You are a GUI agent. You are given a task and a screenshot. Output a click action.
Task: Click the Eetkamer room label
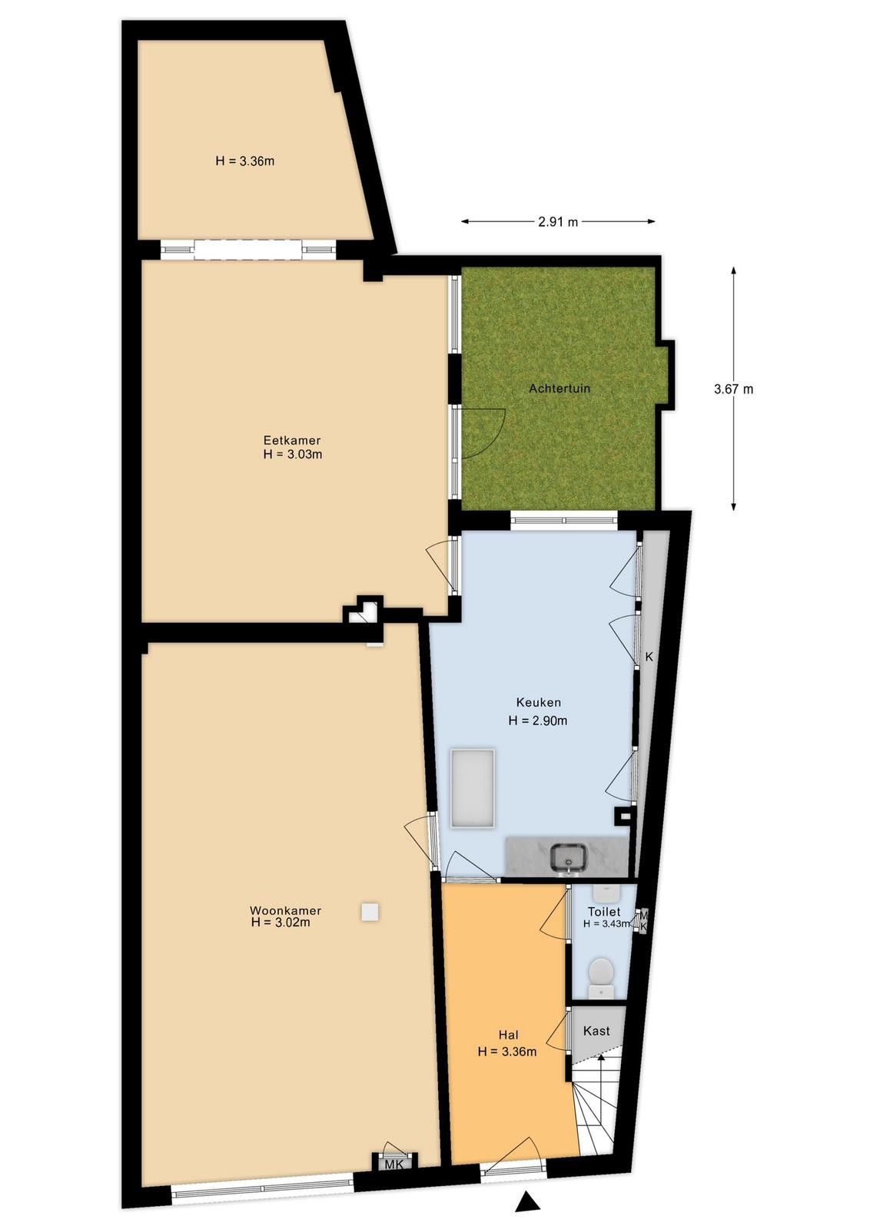click(x=292, y=440)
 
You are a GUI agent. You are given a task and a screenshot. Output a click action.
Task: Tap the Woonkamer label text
click(x=285, y=910)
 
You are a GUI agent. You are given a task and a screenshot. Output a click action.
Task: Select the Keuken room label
click(x=539, y=702)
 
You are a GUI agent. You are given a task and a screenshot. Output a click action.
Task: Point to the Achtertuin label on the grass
click(x=560, y=388)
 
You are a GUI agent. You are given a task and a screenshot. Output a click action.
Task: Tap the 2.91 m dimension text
click(x=558, y=222)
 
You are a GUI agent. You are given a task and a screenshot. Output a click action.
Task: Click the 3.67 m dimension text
click(x=733, y=389)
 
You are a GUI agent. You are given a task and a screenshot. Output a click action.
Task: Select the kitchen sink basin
click(x=569, y=858)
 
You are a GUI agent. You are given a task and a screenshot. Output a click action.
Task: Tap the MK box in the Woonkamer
click(x=395, y=1145)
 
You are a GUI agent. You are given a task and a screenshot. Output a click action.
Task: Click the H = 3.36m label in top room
click(x=245, y=161)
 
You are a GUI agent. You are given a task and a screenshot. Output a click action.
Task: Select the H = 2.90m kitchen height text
click(x=538, y=721)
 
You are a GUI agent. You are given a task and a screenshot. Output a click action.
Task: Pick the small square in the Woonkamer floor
click(x=370, y=912)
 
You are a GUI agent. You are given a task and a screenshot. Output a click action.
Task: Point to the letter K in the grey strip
click(x=649, y=656)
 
